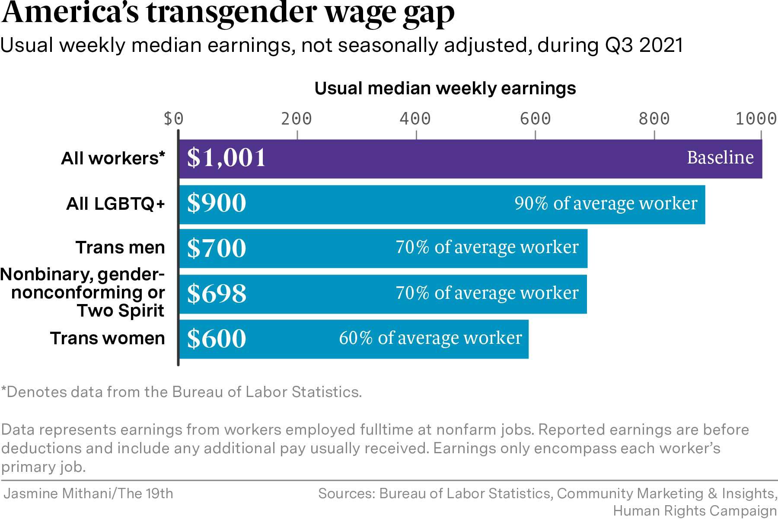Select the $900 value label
[217, 203]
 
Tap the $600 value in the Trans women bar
[217, 339]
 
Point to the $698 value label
[217, 294]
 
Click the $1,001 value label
[226, 158]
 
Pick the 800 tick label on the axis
[654, 119]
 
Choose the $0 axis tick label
[173, 119]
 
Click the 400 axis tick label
[415, 119]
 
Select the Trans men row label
[120, 248]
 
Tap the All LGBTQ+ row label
[115, 204]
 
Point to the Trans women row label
[107, 338]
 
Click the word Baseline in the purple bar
[720, 157]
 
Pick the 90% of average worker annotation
[606, 203]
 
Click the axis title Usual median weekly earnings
[445, 88]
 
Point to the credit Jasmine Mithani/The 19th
[88, 493]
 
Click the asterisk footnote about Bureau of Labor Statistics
[181, 392]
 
